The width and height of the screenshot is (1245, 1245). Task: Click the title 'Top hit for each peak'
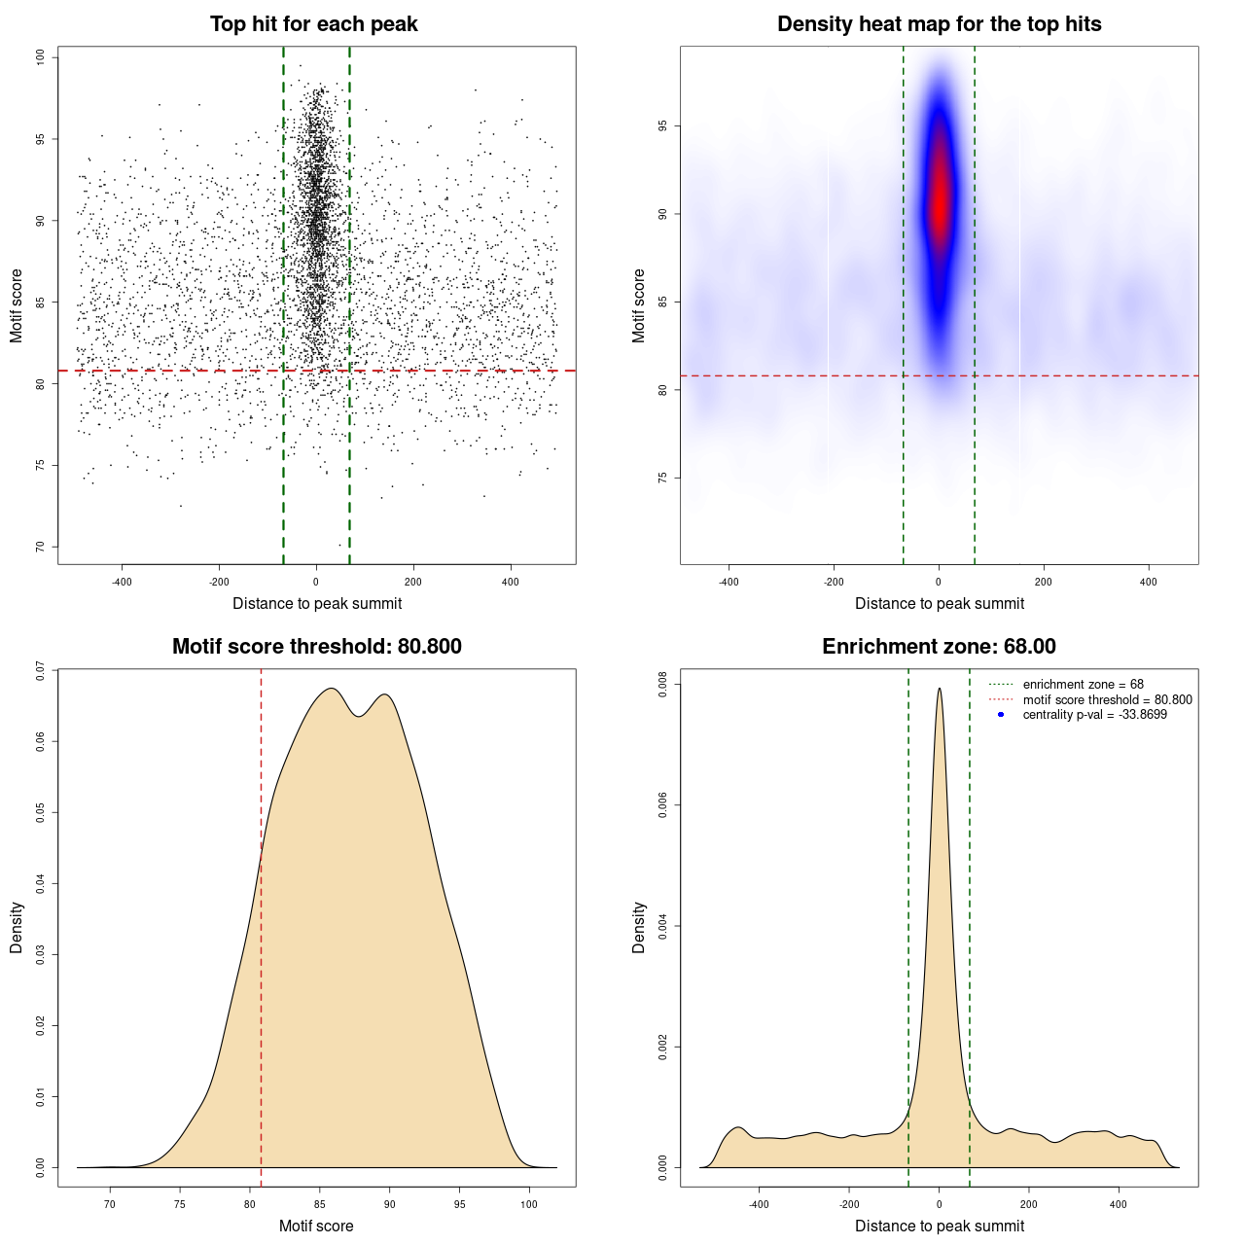[313, 24]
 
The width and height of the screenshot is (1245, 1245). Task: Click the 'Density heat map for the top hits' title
[939, 24]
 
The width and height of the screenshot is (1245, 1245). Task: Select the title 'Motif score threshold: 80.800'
[316, 647]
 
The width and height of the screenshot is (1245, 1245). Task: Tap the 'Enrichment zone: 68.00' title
[939, 647]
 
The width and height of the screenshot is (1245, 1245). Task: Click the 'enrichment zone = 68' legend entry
[1083, 685]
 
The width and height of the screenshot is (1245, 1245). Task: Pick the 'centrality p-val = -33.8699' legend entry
[1094, 715]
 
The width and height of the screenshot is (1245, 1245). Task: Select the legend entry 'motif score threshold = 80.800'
[1107, 700]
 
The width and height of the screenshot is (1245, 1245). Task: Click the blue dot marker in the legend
[1001, 715]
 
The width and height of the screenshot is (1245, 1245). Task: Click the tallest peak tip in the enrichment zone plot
[940, 690]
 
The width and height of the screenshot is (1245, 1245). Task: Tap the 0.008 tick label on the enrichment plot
[663, 685]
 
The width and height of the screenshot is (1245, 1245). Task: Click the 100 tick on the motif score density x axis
[529, 1204]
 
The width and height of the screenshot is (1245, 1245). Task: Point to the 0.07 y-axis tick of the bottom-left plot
[40, 670]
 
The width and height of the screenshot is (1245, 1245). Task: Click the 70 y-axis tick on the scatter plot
[40, 547]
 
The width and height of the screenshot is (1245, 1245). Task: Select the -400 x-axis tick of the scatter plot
[122, 582]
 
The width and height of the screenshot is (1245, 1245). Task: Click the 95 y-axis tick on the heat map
[662, 126]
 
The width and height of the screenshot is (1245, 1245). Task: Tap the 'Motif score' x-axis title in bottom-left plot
[316, 1226]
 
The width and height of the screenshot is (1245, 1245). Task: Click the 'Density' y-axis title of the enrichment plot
[639, 927]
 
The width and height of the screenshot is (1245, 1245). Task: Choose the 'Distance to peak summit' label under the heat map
[939, 603]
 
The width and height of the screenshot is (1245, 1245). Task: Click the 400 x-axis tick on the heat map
[1149, 582]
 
